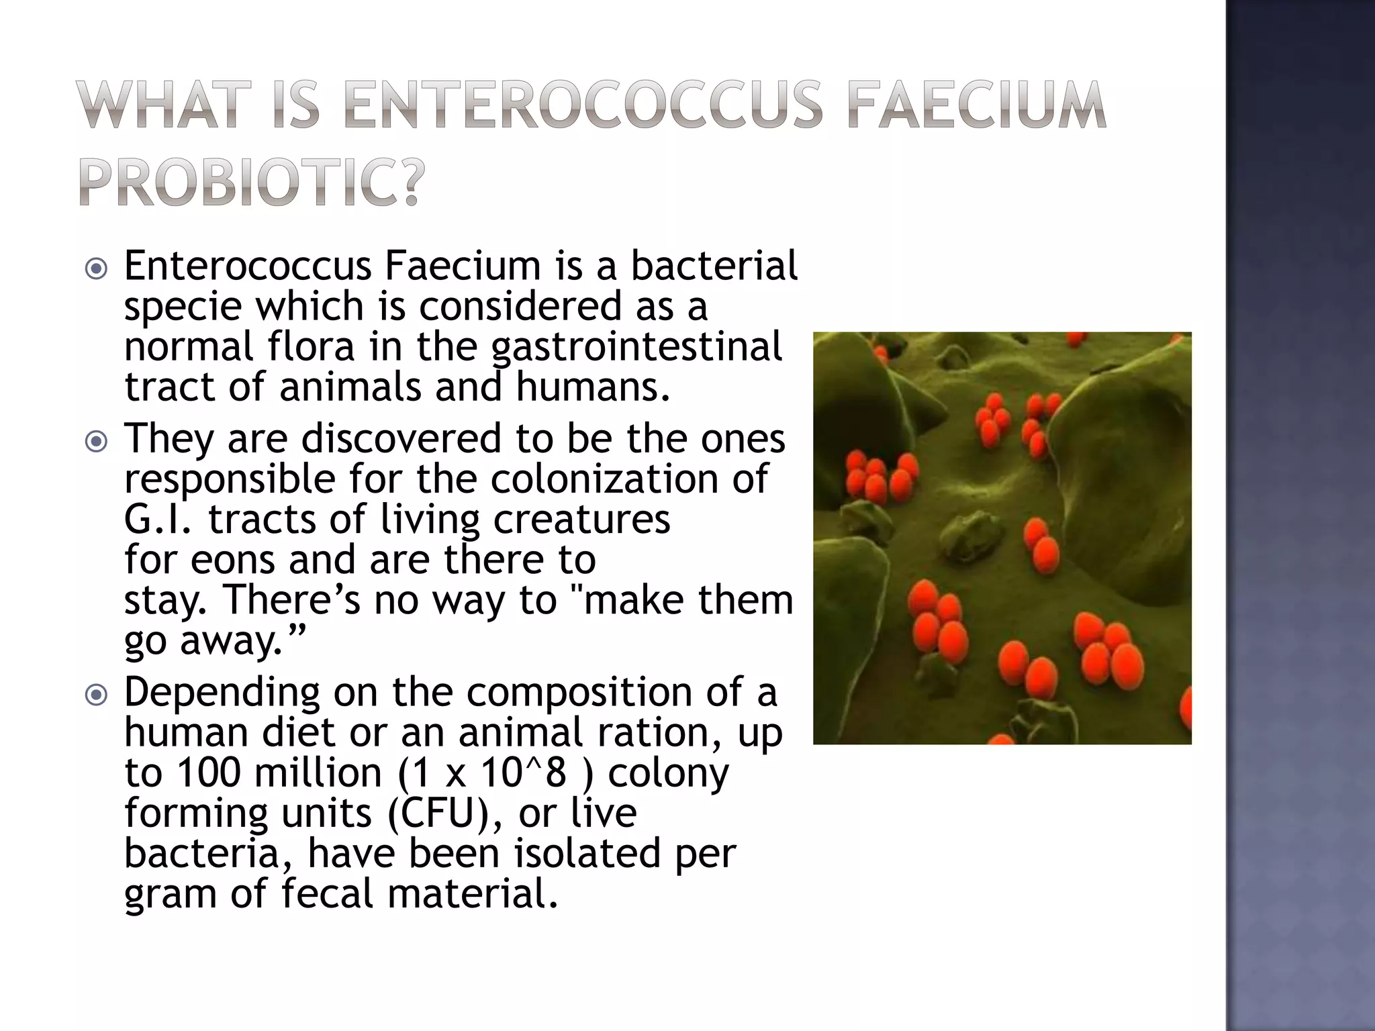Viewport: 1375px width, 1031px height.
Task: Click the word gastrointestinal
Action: (x=636, y=347)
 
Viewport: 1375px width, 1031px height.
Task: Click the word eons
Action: (x=232, y=560)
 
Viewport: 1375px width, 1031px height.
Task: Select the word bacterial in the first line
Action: (x=714, y=265)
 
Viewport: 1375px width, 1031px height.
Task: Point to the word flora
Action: (x=310, y=347)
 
